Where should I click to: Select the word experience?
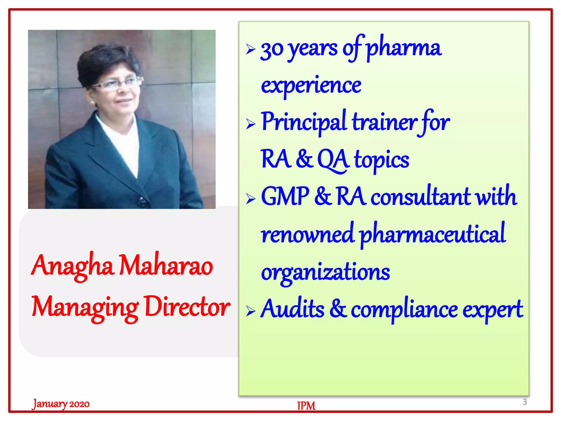coord(311,86)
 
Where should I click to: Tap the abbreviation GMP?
coord(285,196)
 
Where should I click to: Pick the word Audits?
coord(292,309)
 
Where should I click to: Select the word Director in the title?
coord(187,307)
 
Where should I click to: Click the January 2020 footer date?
coord(61,404)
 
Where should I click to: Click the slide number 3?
coord(525,402)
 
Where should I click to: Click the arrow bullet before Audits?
coord(250,311)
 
